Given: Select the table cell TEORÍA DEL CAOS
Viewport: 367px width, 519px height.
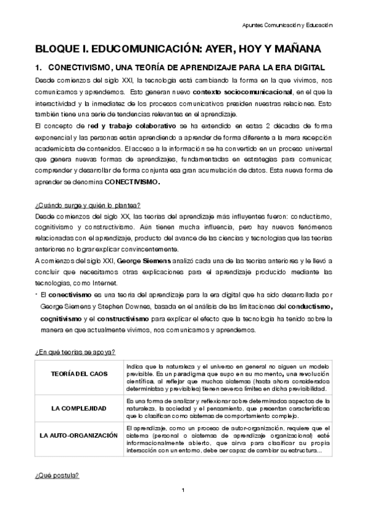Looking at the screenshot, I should coord(78,373).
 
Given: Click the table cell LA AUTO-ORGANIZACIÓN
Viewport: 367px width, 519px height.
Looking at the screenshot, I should coord(78,435).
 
